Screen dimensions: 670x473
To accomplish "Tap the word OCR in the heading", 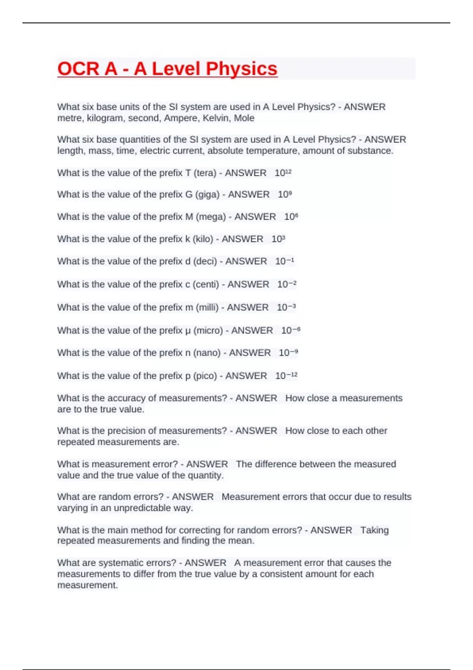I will (78, 69).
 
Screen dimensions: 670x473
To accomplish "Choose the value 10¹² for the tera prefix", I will (283, 173).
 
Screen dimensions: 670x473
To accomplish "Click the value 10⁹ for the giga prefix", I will (285, 194).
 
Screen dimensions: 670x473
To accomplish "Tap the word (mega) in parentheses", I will (211, 217).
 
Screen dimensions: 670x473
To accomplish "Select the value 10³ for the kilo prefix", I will (278, 239).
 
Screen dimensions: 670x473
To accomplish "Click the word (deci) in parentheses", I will (205, 261).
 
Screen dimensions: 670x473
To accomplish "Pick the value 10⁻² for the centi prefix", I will (287, 284).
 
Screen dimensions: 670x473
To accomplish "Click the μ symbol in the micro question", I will (188, 331).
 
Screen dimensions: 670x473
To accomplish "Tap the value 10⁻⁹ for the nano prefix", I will (288, 353).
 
